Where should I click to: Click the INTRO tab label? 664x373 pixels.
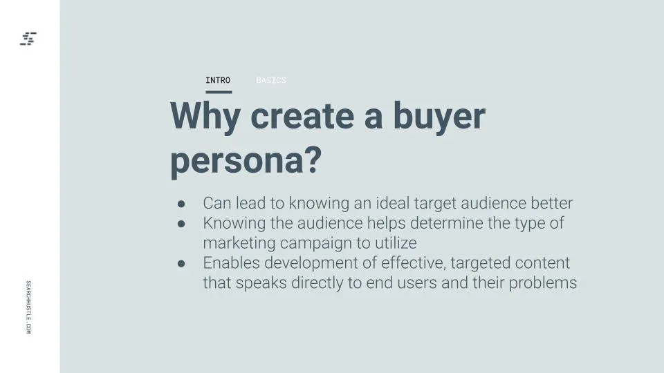coord(218,80)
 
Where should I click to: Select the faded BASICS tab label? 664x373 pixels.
coord(271,80)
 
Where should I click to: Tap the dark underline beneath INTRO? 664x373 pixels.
coord(219,92)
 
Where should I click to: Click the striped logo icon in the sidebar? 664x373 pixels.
coord(28,39)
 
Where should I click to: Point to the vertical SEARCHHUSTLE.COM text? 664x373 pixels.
coord(28,307)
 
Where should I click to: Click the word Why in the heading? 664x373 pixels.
coord(205,117)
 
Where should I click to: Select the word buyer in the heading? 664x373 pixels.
coord(440,116)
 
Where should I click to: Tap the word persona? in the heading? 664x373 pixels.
coord(246,162)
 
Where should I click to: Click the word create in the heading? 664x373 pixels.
coord(302,116)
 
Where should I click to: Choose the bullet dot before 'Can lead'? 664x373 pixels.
coord(181,204)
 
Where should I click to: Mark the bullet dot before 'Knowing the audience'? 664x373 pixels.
coord(181,224)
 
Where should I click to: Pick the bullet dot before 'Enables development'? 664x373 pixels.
coord(181,264)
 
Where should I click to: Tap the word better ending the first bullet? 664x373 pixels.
coord(552,203)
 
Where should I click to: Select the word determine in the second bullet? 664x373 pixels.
coord(446,223)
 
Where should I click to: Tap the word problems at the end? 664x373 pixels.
coord(543,283)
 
